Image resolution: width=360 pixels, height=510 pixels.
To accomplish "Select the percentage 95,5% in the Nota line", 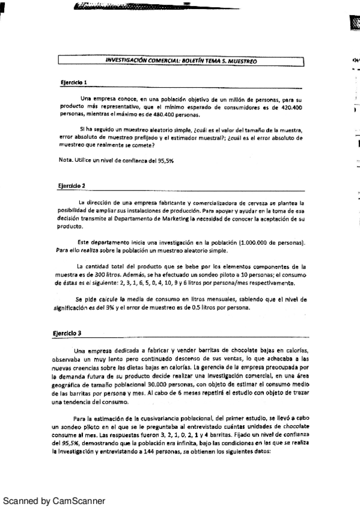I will [x=164, y=161].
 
